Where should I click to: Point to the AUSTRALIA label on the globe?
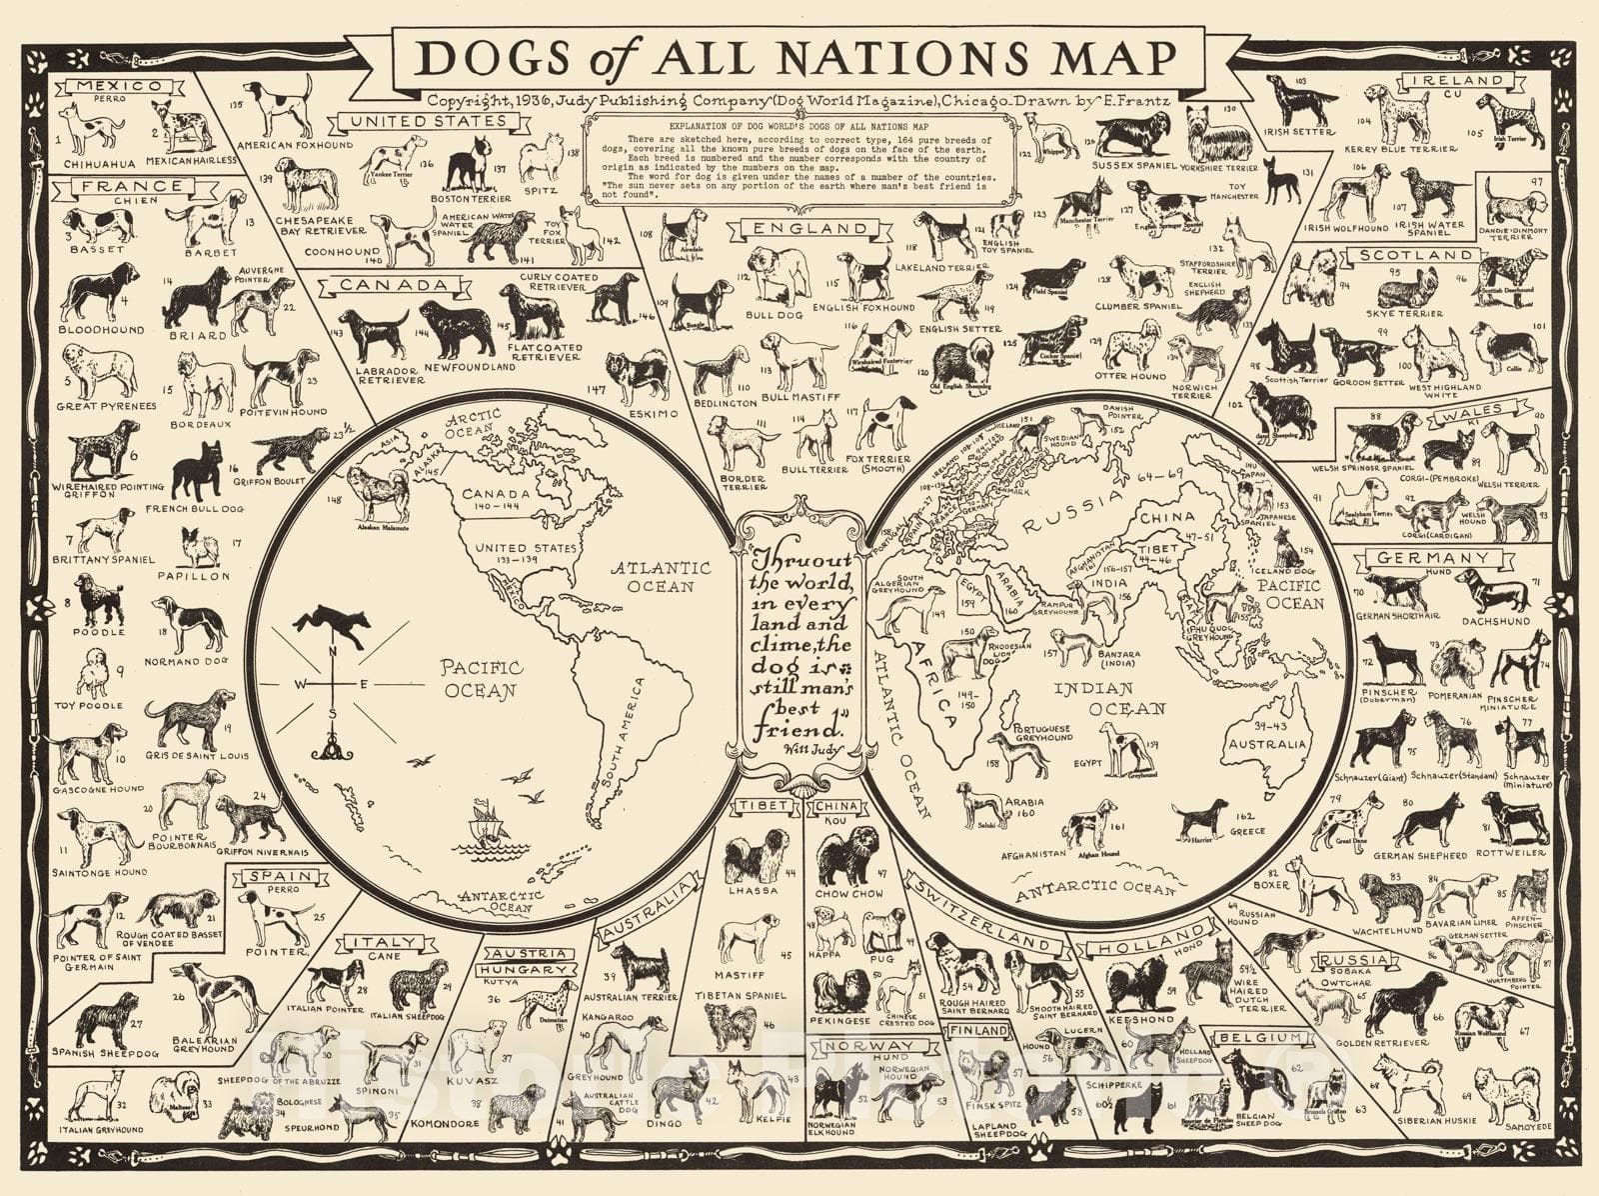(1267, 744)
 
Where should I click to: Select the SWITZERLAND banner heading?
(979, 912)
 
